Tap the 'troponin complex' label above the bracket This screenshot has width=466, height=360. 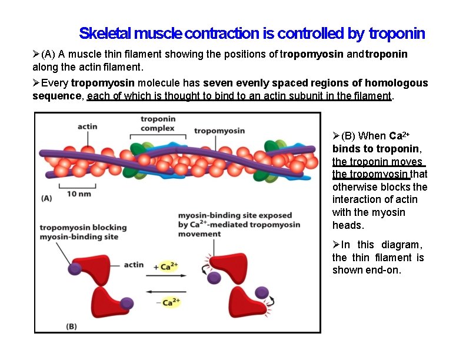tap(157, 124)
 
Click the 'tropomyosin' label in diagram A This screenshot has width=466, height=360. tap(219, 131)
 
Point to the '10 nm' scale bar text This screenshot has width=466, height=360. tap(78, 194)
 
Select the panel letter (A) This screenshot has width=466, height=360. tap(46, 198)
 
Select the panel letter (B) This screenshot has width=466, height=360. tap(71, 325)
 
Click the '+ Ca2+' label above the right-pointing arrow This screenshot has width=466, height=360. tap(167, 266)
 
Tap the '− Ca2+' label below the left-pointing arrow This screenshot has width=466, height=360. tap(168, 302)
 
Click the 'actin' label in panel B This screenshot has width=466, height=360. tap(134, 265)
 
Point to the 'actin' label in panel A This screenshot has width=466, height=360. tap(87, 127)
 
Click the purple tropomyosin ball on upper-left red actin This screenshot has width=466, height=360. tap(75, 268)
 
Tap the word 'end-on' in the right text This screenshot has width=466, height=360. tap(385, 270)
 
